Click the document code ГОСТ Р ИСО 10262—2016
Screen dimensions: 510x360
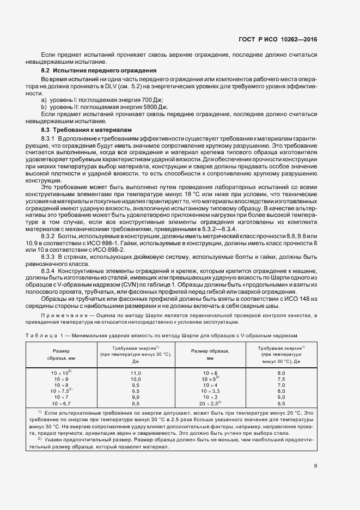(x=278, y=40)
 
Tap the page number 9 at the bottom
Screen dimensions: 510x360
(x=315, y=465)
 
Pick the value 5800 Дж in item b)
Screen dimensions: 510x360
(x=154, y=108)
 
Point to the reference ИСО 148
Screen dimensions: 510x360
(x=301, y=299)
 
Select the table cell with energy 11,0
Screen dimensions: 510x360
(x=136, y=373)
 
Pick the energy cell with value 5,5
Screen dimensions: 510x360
(x=282, y=404)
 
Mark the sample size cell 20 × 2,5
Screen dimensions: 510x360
(x=210, y=404)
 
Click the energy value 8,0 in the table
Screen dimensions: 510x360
(x=282, y=373)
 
